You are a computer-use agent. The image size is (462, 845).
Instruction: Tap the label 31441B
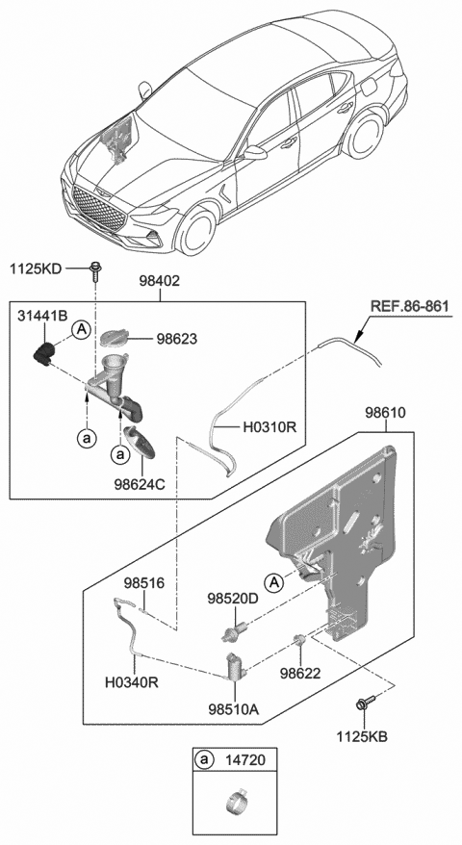click(x=41, y=315)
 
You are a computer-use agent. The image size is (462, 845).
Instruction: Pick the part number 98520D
click(x=232, y=598)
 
